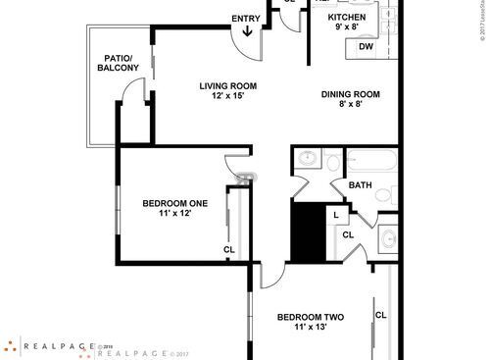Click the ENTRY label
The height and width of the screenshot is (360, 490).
(245, 18)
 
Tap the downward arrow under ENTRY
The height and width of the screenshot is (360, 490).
(246, 32)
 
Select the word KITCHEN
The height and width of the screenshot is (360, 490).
(346, 18)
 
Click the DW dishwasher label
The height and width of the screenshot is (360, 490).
(365, 47)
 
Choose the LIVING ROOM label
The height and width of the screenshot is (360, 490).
(227, 85)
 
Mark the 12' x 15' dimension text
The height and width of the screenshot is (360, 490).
(227, 97)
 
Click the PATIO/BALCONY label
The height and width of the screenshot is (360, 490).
(118, 62)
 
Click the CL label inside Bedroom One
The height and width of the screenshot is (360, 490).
(228, 249)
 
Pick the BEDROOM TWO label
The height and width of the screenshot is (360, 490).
(309, 317)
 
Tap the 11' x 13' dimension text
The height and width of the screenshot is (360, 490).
(309, 329)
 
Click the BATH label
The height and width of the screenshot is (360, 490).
(360, 184)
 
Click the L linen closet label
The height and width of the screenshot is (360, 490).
(335, 214)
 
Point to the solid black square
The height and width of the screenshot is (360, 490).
(310, 231)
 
